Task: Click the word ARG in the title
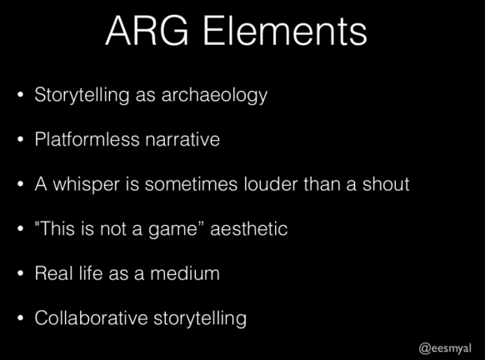(147, 31)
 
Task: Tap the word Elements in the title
(285, 31)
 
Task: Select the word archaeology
(214, 95)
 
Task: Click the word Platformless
(87, 139)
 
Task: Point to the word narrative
(182, 139)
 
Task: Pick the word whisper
(87, 185)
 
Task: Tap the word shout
(386, 184)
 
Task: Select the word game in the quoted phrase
(172, 230)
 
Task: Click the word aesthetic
(249, 229)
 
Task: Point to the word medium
(185, 273)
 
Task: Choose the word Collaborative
(91, 318)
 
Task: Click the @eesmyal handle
(445, 348)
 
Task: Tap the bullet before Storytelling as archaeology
(20, 95)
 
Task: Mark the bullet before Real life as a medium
(20, 273)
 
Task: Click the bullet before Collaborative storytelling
(20, 318)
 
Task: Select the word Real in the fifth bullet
(54, 273)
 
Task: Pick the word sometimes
(192, 185)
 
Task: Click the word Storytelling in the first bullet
(82, 95)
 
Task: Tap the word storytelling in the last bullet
(200, 318)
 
